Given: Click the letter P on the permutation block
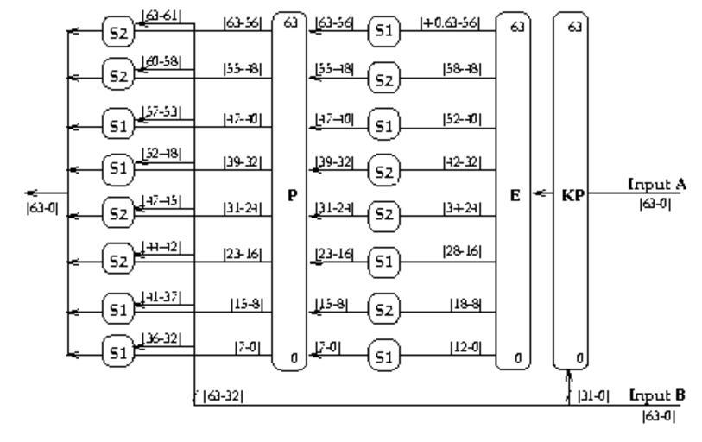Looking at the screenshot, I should click(292, 195).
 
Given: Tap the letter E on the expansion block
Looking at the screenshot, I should click(515, 195).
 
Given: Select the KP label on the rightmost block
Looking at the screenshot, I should click(572, 195).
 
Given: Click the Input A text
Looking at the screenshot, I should click(657, 184).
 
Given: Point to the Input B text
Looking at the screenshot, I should click(657, 395).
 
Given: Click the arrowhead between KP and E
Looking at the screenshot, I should click(539, 194).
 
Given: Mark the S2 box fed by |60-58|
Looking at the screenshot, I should click(117, 74).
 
